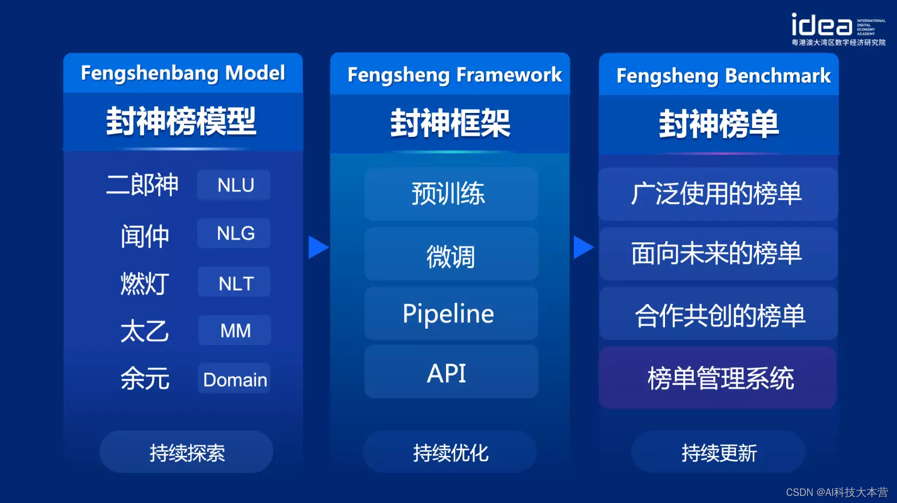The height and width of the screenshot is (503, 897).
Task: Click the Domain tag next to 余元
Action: click(234, 379)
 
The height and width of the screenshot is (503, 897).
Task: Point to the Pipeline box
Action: click(450, 314)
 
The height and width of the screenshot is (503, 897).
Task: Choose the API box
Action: click(450, 373)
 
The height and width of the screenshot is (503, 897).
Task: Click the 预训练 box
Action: click(450, 194)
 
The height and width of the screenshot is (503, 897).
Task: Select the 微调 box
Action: click(450, 255)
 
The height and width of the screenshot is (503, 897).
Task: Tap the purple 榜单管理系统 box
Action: click(718, 378)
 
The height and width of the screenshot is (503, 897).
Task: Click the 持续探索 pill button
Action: click(186, 452)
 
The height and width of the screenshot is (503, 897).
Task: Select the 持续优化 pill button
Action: click(450, 452)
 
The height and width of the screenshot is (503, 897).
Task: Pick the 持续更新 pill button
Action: click(718, 452)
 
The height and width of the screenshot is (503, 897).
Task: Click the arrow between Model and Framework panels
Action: click(318, 247)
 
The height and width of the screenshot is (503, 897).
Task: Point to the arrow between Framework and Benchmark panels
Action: click(583, 247)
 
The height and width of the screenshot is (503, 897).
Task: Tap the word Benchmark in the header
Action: click(777, 76)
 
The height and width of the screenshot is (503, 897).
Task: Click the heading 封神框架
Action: click(450, 123)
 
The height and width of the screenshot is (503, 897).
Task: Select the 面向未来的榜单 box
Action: click(718, 254)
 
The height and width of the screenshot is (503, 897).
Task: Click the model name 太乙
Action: click(145, 331)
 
